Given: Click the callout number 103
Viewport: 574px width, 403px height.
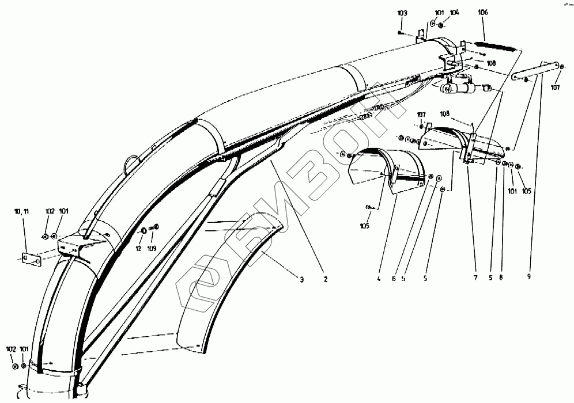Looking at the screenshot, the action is [402, 13].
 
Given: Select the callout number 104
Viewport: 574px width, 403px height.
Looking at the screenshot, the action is [454, 13].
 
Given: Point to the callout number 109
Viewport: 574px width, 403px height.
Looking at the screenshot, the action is [152, 249].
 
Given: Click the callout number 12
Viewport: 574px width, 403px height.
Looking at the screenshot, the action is [138, 249].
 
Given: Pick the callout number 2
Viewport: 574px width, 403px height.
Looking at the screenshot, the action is [326, 279].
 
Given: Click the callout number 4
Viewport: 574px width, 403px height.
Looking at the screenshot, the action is [379, 279].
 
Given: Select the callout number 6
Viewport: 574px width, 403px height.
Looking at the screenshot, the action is [394, 279].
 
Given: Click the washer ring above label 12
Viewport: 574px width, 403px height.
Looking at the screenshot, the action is [143, 231].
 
